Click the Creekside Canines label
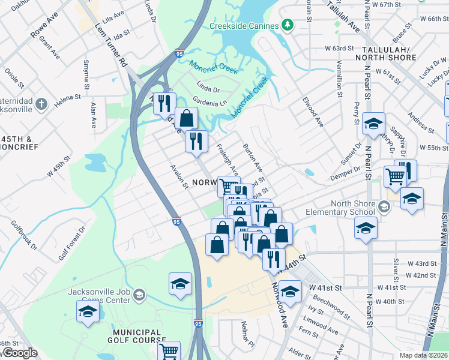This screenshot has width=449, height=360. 244,26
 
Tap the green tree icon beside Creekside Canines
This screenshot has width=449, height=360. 288,25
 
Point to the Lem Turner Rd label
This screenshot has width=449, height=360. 112,45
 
